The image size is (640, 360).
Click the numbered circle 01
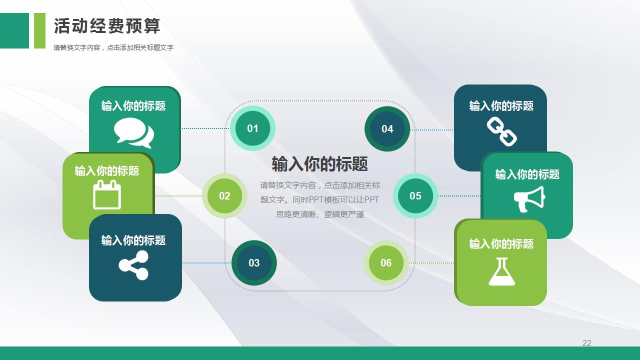(x=252, y=128)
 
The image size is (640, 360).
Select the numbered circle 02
(x=224, y=196)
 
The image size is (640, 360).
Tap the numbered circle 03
(x=254, y=263)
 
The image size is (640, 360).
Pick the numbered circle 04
(x=387, y=129)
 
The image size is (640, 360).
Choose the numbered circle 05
(x=415, y=196)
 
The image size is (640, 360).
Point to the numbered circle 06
(x=386, y=263)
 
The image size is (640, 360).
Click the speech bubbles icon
(x=134, y=133)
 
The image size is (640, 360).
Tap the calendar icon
(x=107, y=194)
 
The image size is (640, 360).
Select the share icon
(x=133, y=265)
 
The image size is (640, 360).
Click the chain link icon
(x=501, y=131)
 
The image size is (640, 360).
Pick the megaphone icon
(x=529, y=199)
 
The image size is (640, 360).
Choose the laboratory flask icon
(x=501, y=271)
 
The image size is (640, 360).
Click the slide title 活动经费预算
(x=107, y=26)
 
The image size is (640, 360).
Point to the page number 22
(x=587, y=343)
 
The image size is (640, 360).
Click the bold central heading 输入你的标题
(x=319, y=164)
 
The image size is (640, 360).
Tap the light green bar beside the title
(x=39, y=30)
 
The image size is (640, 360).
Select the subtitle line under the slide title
(x=113, y=47)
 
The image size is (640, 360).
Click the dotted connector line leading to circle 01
(x=205, y=128)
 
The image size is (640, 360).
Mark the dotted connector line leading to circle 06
(x=431, y=263)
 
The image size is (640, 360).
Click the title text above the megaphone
(x=527, y=174)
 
